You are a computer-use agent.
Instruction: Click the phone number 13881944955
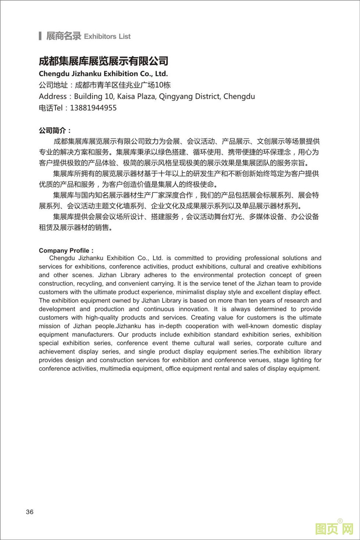(x=93, y=108)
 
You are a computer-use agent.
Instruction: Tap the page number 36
(x=30, y=512)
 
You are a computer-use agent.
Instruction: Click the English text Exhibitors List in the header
(x=107, y=36)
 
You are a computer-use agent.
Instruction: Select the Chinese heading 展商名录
(x=63, y=36)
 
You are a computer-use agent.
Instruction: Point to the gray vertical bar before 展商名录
(x=40, y=36)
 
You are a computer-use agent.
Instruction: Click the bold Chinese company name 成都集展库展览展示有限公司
(x=104, y=61)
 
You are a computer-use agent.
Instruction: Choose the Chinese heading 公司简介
(x=55, y=130)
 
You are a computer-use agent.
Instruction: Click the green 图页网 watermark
(x=334, y=529)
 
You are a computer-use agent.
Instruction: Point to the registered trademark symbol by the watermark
(x=340, y=521)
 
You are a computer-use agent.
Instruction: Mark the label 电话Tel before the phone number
(x=51, y=108)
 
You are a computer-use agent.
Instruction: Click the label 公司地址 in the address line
(x=53, y=85)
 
